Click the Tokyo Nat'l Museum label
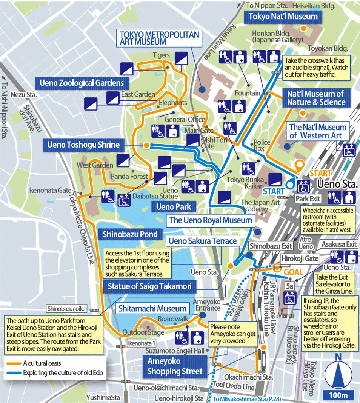pos(283,17)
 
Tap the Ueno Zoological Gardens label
pos(80,82)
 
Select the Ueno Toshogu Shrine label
pos(83,145)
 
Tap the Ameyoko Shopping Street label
pos(174,366)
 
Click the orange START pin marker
pos(300,166)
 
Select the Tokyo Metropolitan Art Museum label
pos(159,38)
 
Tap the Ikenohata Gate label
pos(49,191)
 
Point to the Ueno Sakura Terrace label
pos(203,241)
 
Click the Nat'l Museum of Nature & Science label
pos(316,98)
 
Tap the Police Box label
pos(262,145)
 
